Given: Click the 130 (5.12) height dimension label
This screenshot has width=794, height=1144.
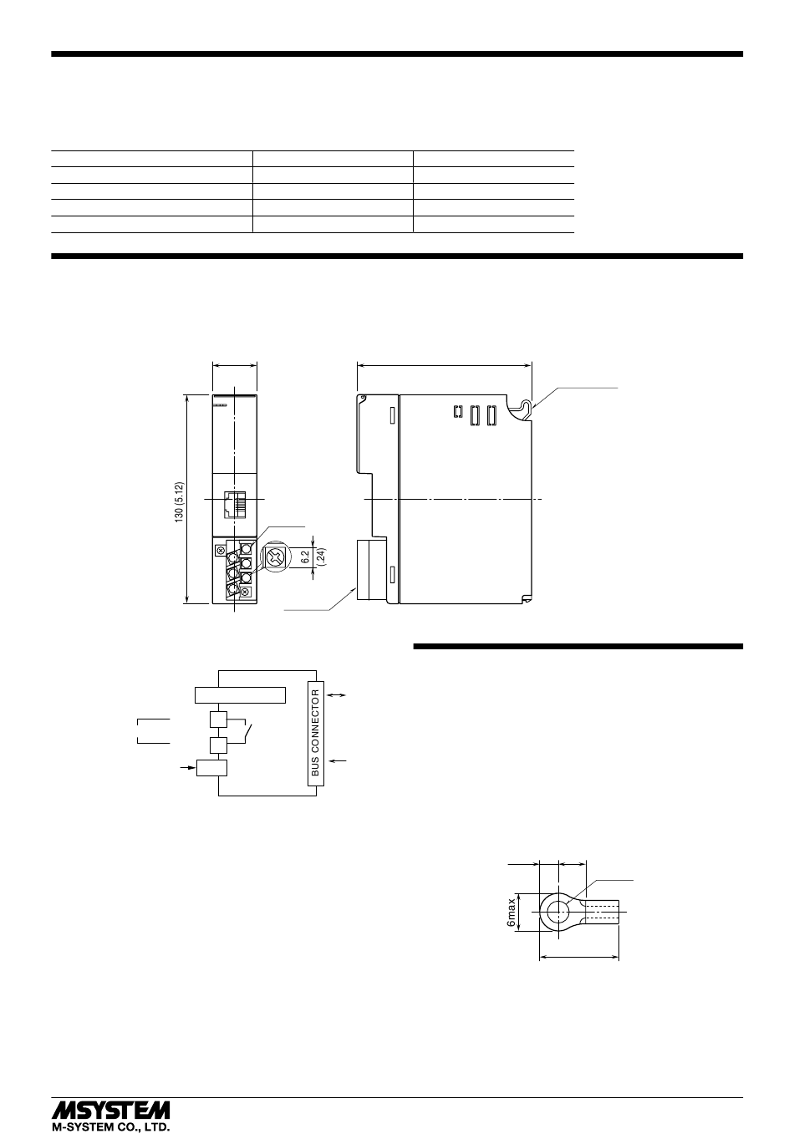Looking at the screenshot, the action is pos(179,501).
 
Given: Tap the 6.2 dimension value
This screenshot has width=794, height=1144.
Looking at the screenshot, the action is pos(306,557).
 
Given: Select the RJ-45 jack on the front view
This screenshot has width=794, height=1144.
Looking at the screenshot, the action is pos(235,505).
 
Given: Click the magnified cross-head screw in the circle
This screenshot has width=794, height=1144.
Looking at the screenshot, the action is pos(276,557).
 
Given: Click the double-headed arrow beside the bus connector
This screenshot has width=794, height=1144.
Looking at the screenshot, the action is pos(337,695).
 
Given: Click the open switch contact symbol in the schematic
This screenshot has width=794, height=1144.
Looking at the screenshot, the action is pos(248,732).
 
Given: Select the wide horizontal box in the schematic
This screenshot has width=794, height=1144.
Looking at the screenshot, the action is pos(240,695).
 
